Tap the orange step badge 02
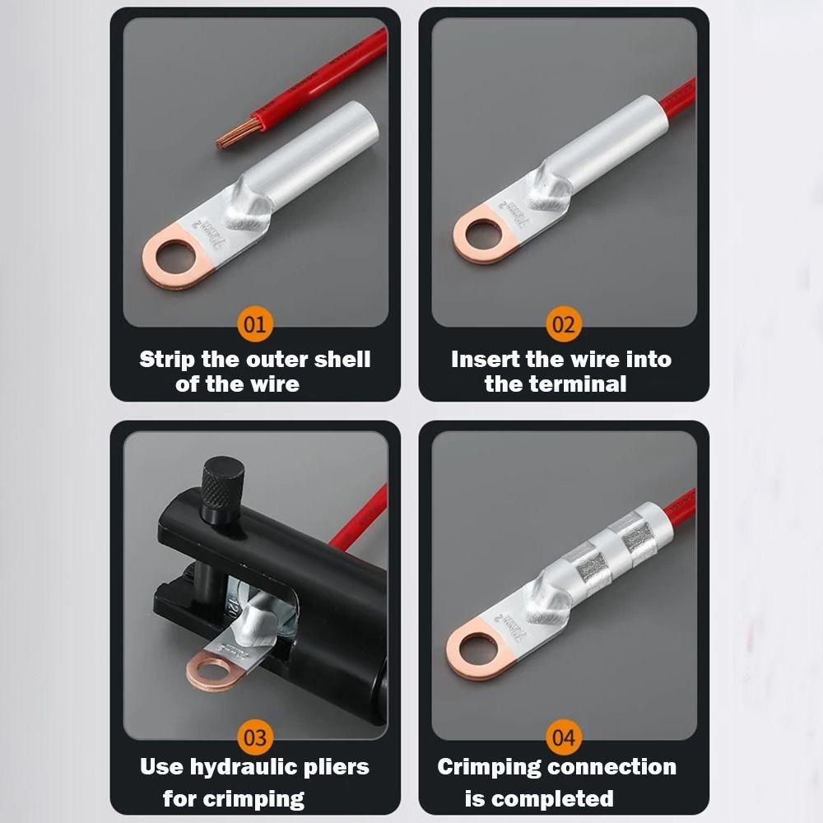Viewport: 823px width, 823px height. point(563,324)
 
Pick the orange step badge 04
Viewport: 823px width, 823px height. point(563,737)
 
